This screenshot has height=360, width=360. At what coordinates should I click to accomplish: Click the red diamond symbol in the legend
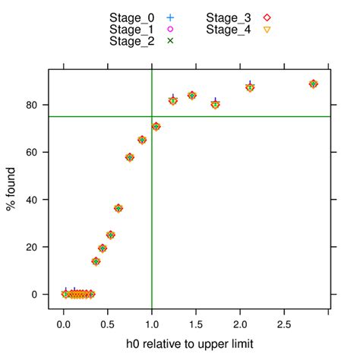click(267, 17)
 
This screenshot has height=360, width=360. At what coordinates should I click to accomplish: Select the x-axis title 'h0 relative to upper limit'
click(189, 344)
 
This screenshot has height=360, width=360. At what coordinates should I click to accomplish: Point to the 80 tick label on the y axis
click(35, 105)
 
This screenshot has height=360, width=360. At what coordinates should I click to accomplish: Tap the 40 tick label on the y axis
click(35, 200)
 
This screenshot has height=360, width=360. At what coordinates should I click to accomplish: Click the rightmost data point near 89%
click(313, 84)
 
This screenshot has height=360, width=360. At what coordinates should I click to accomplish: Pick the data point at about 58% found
click(130, 157)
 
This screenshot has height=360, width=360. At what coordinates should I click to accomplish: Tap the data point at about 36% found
click(118, 208)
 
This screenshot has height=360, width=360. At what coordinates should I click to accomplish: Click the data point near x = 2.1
click(250, 87)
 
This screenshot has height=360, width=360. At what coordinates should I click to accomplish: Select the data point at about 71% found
click(156, 127)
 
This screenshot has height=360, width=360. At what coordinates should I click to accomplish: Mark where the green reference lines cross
click(152, 116)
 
